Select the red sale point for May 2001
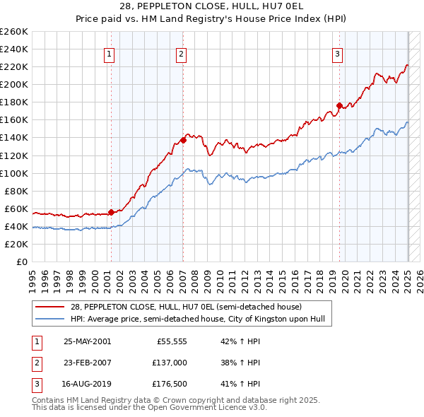pos(111,212)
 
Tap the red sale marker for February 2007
pos(183,140)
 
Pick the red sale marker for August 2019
pos(339,105)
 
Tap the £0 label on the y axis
pos(21,262)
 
